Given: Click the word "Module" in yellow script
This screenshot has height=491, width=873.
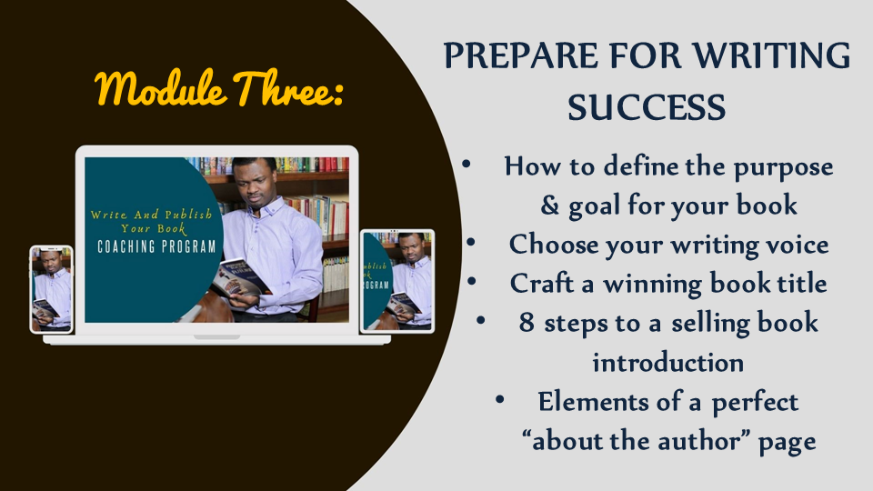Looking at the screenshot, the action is click(161, 88).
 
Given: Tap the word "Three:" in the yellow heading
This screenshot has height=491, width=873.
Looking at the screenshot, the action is click(288, 87).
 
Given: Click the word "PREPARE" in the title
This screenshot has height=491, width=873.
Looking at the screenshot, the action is click(520, 55).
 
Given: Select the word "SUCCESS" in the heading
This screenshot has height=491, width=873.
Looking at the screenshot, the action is click(647, 107).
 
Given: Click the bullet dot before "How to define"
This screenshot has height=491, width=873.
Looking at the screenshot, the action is click(466, 165).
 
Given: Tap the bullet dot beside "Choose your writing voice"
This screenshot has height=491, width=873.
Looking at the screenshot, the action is click(471, 242).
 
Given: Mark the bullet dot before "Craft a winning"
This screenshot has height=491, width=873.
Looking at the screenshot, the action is click(472, 281).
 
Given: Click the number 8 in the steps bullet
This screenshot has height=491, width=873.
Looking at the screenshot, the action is click(527, 322).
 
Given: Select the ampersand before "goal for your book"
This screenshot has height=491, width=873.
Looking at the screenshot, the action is click(549, 205).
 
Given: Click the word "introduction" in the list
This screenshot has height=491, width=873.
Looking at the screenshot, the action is click(667, 363).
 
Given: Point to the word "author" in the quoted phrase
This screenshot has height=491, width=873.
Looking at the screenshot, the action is click(699, 441).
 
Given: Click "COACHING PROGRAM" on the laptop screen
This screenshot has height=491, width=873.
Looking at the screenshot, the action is click(156, 246).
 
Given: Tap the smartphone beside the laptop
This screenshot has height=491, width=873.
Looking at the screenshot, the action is click(51, 289).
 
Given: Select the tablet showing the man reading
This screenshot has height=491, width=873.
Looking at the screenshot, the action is click(397, 281).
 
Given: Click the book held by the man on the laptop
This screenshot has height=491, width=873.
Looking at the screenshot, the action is click(239, 278).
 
